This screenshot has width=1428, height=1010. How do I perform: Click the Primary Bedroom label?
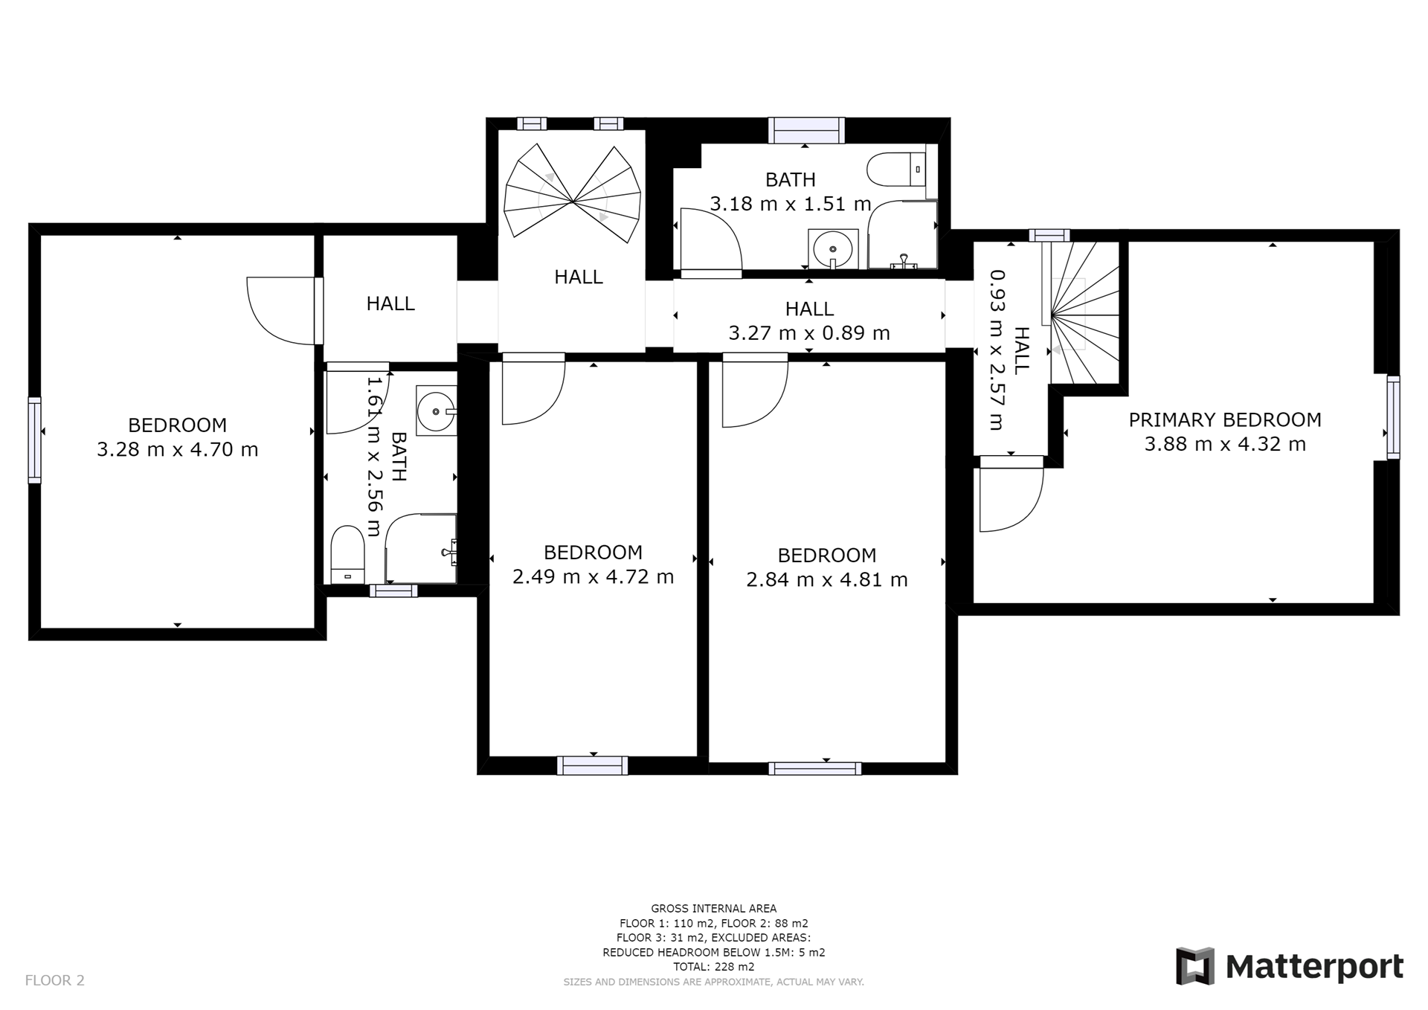click(x=1225, y=419)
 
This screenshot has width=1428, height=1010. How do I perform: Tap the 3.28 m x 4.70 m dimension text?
click(x=178, y=449)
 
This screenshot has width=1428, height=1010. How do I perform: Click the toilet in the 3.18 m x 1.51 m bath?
click(x=896, y=170)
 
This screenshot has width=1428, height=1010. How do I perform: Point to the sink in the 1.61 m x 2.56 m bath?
click(x=436, y=410)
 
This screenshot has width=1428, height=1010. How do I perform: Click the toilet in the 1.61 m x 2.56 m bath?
click(x=347, y=555)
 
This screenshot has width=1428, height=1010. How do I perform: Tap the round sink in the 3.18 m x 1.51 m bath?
click(x=833, y=248)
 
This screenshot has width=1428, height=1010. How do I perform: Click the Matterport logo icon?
click(x=1195, y=966)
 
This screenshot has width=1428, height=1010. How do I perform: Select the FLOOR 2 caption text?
click(x=55, y=980)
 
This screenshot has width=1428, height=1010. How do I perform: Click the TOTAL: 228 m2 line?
click(x=714, y=967)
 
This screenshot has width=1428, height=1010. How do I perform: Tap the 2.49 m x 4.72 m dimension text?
click(x=594, y=576)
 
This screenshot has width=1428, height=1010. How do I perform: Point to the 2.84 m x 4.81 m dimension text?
click(x=827, y=579)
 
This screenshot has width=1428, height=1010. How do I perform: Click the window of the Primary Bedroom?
click(x=1393, y=417)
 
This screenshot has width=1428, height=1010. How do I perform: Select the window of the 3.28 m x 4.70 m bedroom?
click(x=34, y=440)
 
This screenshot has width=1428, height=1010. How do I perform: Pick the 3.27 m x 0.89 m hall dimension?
click(x=809, y=332)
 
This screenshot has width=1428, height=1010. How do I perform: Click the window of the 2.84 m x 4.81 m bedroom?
click(x=815, y=768)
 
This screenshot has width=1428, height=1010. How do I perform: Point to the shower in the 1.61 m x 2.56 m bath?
click(x=421, y=548)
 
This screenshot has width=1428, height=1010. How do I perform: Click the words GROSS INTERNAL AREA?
click(x=714, y=908)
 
